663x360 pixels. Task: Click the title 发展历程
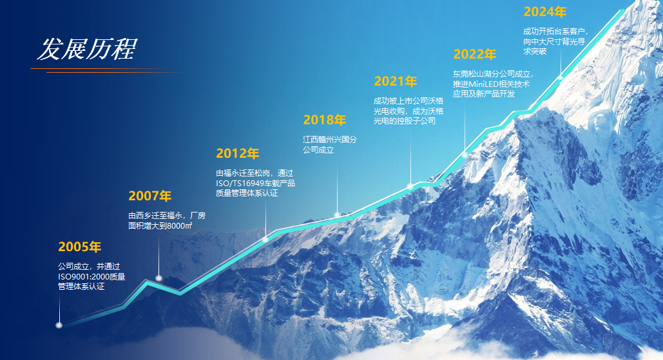click(x=86, y=49)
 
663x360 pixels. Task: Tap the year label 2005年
click(x=80, y=247)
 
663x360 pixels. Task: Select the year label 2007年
click(x=149, y=196)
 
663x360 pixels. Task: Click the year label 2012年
click(x=237, y=153)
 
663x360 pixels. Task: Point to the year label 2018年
click(x=325, y=120)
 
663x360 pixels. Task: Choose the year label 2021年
click(x=396, y=81)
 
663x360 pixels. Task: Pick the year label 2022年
click(x=474, y=54)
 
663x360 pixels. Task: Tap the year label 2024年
click(x=544, y=12)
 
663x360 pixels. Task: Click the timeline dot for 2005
click(x=59, y=325)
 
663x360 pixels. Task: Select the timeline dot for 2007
click(x=159, y=278)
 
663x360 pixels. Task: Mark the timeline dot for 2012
click(x=265, y=239)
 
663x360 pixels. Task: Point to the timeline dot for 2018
click(x=337, y=214)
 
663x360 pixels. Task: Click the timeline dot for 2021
click(x=409, y=186)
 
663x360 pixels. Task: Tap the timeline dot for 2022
click(x=465, y=155)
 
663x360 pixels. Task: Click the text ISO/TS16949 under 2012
click(x=239, y=183)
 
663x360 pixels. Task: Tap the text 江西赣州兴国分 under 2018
click(x=330, y=139)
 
